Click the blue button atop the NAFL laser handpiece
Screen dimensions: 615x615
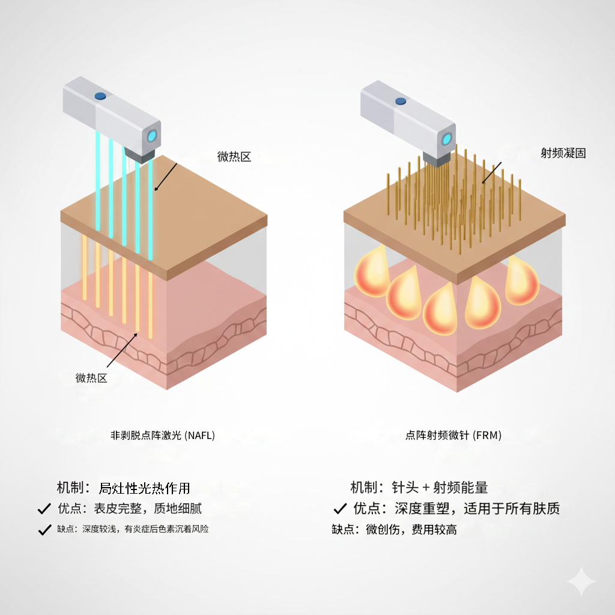point(100,95)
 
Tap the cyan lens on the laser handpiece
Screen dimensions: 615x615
point(153,135)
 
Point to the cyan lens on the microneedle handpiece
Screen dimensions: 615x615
point(447,139)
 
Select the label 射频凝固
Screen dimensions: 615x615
point(563,153)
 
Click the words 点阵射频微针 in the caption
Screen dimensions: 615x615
point(438,435)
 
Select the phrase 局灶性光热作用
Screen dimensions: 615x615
point(144,488)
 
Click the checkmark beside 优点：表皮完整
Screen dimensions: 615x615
point(44,509)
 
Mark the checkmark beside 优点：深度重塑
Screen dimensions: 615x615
point(340,509)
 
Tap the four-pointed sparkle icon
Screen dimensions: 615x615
point(581,581)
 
